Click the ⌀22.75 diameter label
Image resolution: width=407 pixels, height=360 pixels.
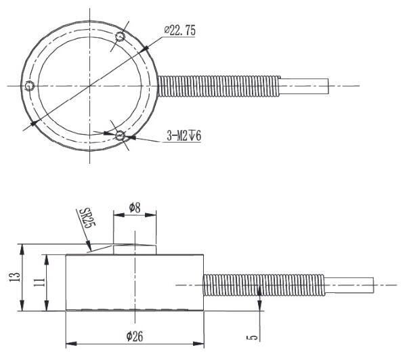point(178,30)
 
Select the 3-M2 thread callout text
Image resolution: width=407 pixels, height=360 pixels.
point(185,136)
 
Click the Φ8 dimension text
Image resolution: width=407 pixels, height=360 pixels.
point(135,207)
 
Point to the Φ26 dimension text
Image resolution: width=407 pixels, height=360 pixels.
point(134,334)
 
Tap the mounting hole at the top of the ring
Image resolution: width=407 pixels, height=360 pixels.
point(121,36)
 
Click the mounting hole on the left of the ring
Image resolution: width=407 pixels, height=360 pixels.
point(28,86)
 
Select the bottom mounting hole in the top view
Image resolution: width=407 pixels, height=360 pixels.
point(120,136)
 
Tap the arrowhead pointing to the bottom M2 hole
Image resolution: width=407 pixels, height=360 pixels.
point(130,137)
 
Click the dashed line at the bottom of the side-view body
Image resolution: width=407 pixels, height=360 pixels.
point(134,311)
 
